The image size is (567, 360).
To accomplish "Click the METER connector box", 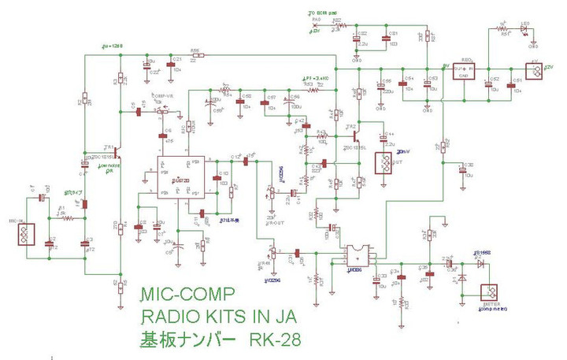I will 490,293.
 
